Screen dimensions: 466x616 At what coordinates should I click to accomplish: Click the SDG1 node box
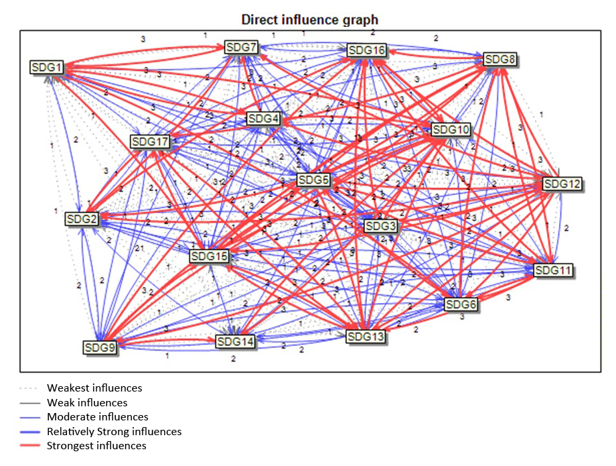coord(46,68)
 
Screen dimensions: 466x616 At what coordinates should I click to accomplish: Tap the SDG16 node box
coord(366,51)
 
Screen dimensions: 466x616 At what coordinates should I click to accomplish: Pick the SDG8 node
coord(500,60)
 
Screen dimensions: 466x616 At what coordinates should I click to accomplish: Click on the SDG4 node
coord(263,119)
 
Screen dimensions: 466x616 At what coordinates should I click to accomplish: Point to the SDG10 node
coord(451,129)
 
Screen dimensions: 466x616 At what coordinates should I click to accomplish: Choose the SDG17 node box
coord(150,142)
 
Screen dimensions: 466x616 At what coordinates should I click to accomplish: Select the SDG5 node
coord(313,180)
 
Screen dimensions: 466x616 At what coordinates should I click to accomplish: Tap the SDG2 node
coord(82,219)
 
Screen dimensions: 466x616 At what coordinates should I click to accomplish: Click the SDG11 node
coord(554,270)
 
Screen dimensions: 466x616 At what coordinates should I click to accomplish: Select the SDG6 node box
coord(462,304)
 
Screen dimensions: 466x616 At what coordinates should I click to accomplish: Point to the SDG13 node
coord(366,337)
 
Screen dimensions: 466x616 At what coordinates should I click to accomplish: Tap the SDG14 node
coord(236,342)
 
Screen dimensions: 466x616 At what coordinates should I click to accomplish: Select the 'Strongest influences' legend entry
coord(96,445)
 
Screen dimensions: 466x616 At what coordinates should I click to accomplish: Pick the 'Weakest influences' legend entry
coord(94,388)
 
